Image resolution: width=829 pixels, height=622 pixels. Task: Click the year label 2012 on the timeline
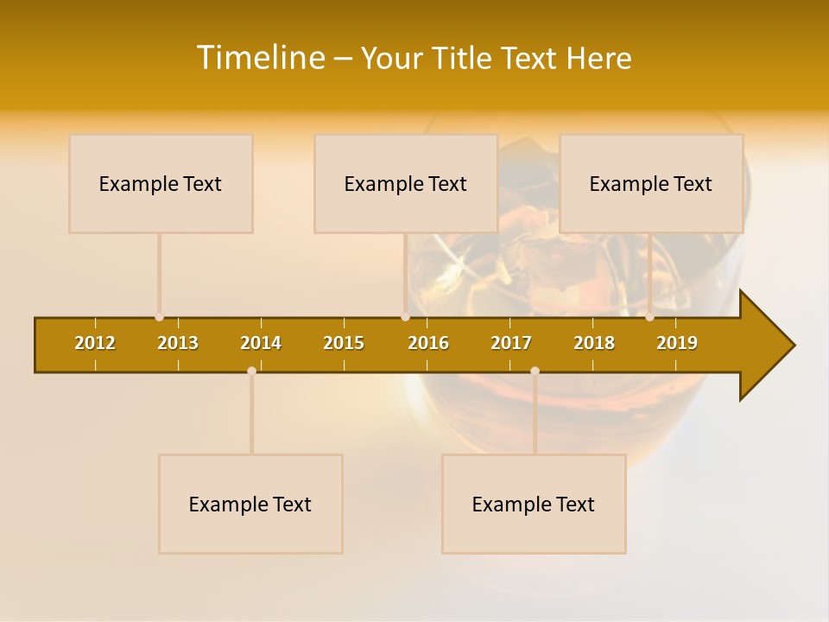[95, 343]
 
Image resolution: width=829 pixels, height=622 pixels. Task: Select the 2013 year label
[178, 343]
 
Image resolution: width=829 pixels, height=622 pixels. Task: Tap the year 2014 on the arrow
[261, 343]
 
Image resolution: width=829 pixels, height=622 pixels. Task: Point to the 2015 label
[344, 343]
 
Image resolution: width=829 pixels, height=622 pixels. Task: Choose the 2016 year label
[428, 343]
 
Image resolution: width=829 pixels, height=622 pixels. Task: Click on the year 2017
[511, 343]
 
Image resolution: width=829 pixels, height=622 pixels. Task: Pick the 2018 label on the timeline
[594, 343]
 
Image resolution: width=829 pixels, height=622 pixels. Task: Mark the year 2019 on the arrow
[677, 343]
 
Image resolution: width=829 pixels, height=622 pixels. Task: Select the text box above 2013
[161, 184]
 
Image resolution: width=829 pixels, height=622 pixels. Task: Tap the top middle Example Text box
[406, 184]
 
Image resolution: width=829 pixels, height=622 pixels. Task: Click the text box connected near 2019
[651, 184]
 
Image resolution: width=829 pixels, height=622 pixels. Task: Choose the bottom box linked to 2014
[250, 504]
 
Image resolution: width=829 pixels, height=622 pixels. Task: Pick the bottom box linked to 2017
[534, 504]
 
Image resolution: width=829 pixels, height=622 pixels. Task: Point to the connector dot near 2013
[159, 317]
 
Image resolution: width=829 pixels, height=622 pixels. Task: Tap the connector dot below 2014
[251, 371]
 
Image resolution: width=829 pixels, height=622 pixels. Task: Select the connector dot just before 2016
[405, 317]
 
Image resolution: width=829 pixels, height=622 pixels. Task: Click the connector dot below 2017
[535, 371]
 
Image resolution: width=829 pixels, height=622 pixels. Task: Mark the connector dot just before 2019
[649, 317]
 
